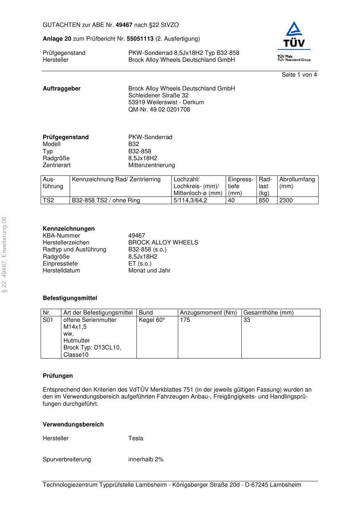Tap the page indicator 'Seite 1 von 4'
coord(299,75)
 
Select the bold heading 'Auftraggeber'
coord(62,89)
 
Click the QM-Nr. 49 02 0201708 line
coord(159,110)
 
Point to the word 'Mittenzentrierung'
coord(151,165)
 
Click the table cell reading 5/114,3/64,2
coord(190,201)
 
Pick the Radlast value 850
coord(264,201)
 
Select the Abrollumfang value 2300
coord(286,201)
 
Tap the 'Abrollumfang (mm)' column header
coord(297,183)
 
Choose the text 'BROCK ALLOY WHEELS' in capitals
coord(163,243)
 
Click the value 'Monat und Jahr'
coord(149,271)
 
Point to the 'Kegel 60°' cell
coord(152,320)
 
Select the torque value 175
coord(185,320)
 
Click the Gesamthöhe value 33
coord(247,320)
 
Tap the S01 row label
coord(48,320)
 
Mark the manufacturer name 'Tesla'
coord(136,438)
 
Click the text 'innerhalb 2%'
coord(146,460)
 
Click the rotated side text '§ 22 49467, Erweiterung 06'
coord(4,255)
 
